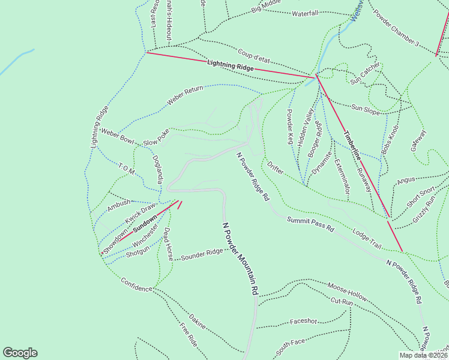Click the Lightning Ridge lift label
tap(231, 65)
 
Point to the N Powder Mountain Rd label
tap(240, 259)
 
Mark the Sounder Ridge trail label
tap(202, 254)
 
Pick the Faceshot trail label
tap(303, 321)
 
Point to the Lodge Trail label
tap(367, 236)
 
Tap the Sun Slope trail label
tap(366, 109)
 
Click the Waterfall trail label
tap(305, 13)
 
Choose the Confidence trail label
tap(137, 284)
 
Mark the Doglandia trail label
tap(158, 170)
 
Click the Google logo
tap(20, 353)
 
